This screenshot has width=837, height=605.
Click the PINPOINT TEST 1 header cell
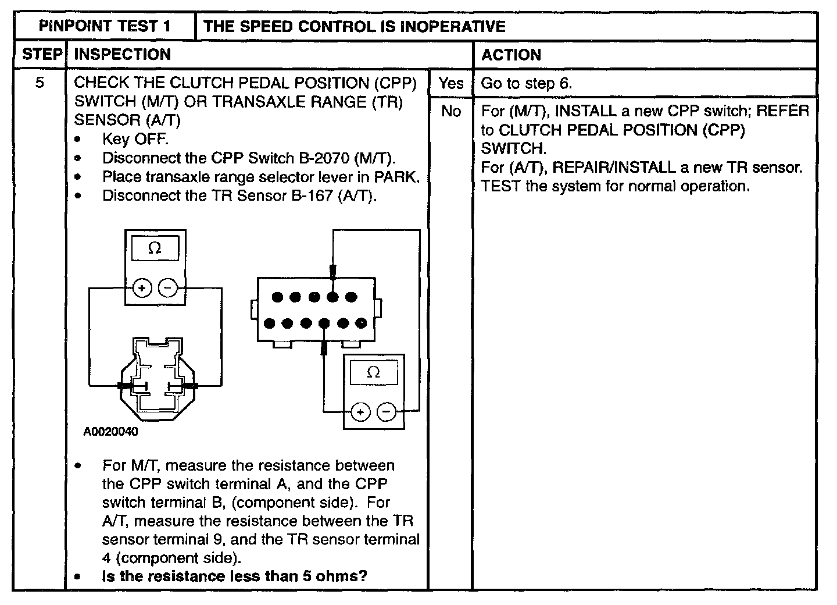[105, 26]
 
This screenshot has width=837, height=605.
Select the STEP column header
[41, 55]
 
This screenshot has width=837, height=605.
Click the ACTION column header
[512, 55]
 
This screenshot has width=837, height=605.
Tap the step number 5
[40, 83]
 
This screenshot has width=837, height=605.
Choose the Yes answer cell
[451, 83]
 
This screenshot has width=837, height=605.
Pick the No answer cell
[451, 111]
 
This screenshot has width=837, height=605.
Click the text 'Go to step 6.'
[527, 83]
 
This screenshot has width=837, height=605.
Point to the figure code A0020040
[110, 432]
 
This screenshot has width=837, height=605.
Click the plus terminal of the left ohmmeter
[142, 287]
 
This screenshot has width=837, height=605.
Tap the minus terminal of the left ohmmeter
[167, 287]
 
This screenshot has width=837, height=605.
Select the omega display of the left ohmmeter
[155, 248]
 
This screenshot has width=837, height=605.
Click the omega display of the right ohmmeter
[374, 372]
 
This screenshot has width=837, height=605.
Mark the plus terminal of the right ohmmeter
[360, 412]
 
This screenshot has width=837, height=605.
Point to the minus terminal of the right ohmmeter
[386, 412]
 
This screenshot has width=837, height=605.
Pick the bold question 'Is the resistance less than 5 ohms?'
[235, 576]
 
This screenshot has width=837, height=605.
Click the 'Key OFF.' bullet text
[135, 140]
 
